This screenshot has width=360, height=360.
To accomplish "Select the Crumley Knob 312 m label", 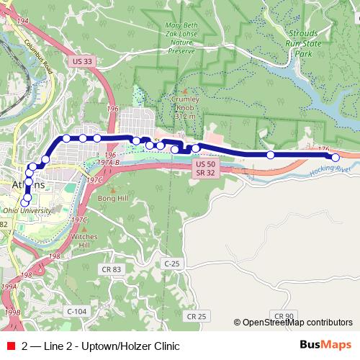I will click(x=184, y=109).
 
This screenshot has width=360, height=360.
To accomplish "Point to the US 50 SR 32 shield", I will click(x=205, y=168).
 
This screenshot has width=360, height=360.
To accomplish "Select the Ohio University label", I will click(x=26, y=210).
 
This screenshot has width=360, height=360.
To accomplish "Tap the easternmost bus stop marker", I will click(x=335, y=157).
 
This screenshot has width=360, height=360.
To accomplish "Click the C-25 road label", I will click(x=171, y=264).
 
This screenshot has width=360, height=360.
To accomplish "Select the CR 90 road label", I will click(x=284, y=315).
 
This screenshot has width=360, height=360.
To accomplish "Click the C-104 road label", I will click(x=76, y=310).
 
